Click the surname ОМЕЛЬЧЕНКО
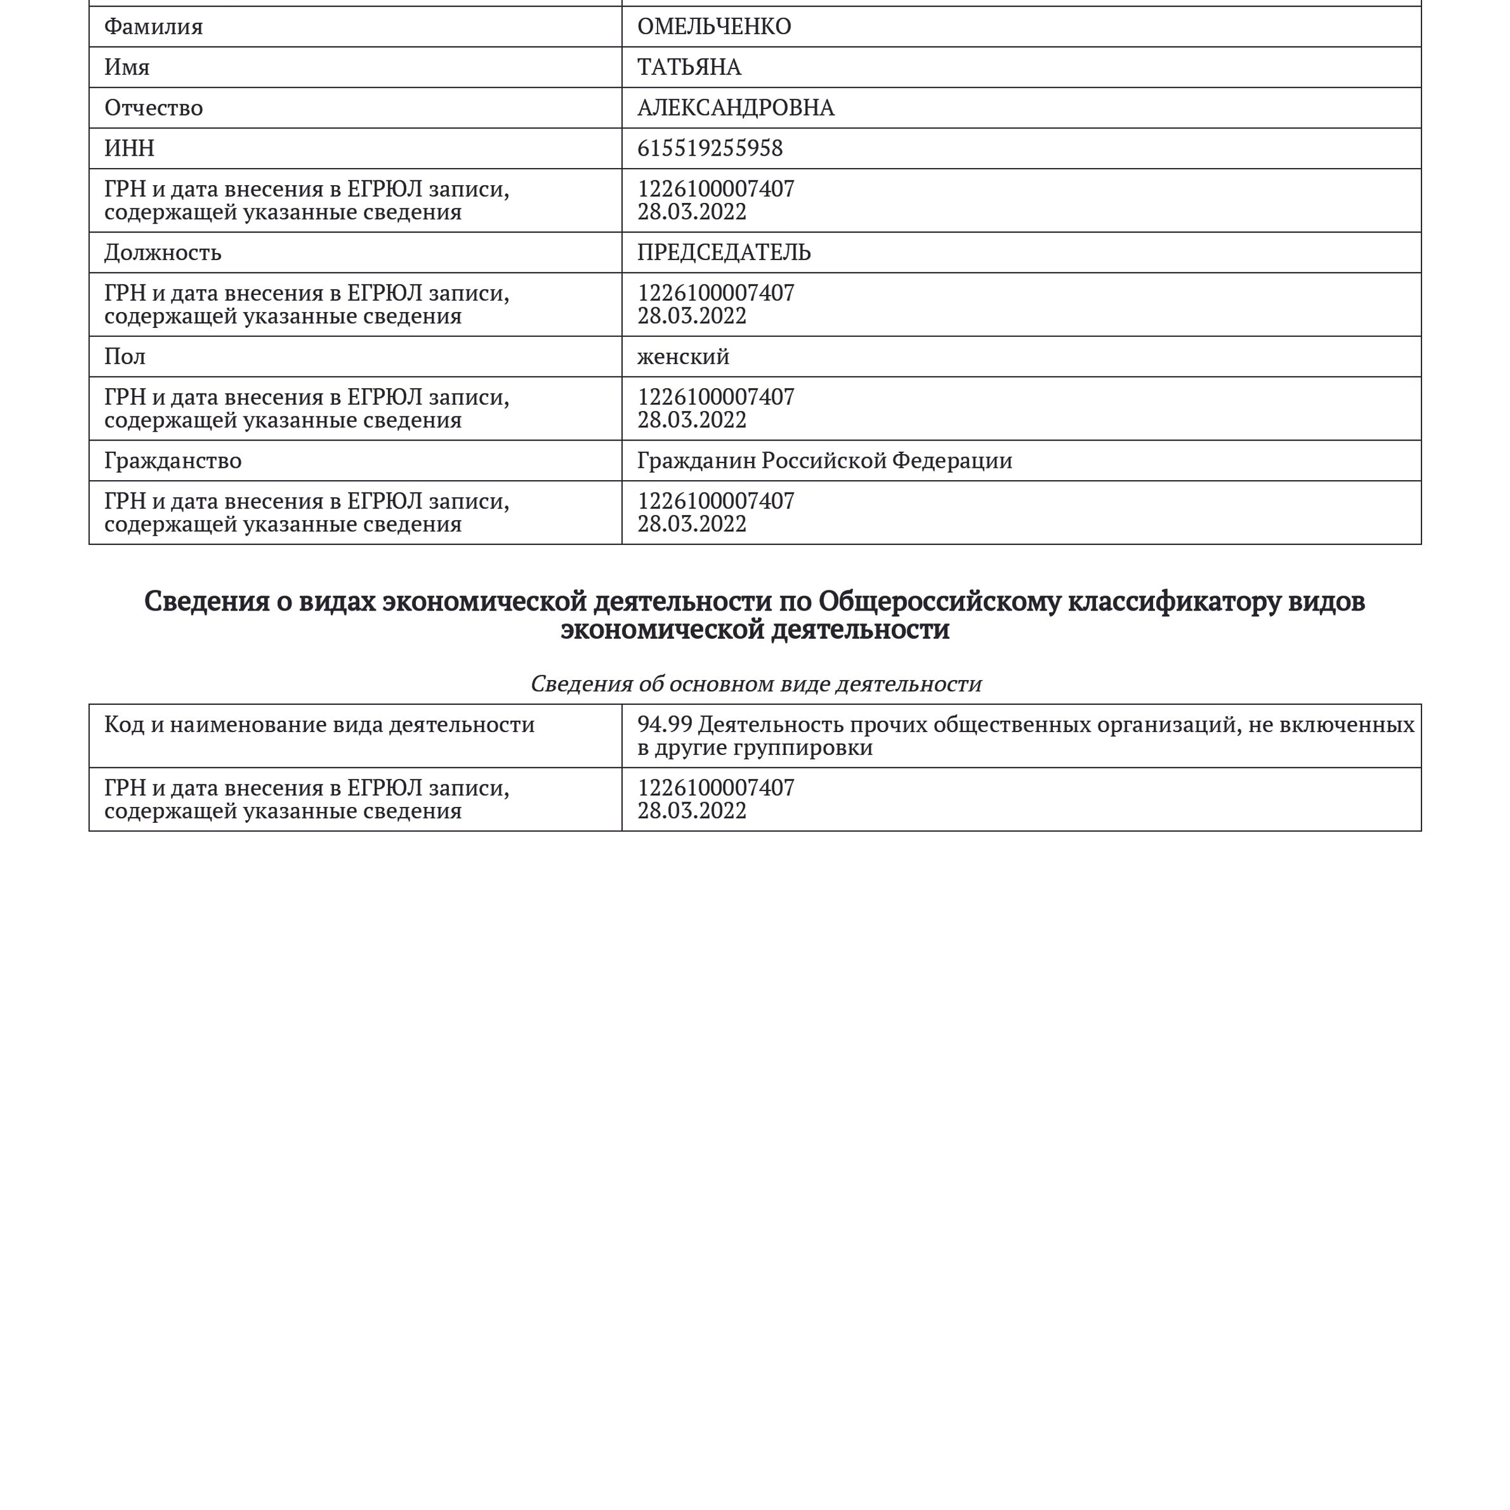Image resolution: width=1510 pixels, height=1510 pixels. point(714,27)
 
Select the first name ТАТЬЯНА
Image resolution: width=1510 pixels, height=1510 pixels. point(688,67)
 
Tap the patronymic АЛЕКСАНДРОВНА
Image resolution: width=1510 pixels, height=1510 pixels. point(736,108)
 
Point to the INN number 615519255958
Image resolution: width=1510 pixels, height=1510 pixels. point(710,149)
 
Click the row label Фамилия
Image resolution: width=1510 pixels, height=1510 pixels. point(153,27)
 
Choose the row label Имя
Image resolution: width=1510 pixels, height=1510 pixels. point(127,67)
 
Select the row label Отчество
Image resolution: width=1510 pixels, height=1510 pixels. point(153,108)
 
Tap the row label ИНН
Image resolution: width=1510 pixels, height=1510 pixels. point(129,149)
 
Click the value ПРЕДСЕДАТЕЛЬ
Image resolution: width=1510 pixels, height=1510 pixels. point(724,252)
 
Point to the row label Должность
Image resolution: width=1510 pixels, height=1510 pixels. point(163,252)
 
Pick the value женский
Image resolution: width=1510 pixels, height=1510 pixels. point(683,356)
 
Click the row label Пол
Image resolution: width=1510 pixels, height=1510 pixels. point(125,356)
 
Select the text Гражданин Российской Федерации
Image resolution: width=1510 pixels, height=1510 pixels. point(825,460)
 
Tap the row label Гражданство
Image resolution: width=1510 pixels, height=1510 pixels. point(173,460)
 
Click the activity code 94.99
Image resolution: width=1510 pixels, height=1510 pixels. point(664,724)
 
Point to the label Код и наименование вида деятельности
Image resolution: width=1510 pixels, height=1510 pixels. point(319,724)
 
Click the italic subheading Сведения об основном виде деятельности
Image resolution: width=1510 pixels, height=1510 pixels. point(756,684)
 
